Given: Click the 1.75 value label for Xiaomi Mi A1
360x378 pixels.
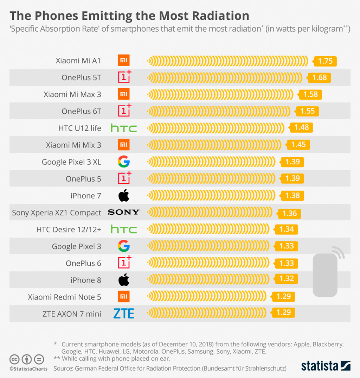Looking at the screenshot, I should click(x=325, y=61).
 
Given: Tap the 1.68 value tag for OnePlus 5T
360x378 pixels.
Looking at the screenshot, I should click(x=320, y=77).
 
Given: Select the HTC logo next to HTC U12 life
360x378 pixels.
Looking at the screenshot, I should click(x=124, y=128).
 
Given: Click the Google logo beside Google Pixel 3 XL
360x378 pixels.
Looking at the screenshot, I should click(x=124, y=162).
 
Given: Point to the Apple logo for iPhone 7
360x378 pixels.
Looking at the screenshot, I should click(x=124, y=195).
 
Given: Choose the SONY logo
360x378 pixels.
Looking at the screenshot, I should click(x=124, y=212).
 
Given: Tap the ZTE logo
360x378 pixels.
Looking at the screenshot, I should click(x=124, y=313).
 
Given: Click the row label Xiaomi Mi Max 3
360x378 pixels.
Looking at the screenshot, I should click(x=72, y=94).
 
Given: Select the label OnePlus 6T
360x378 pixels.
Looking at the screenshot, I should click(x=81, y=111).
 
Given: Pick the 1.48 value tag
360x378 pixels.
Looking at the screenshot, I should click(x=301, y=127).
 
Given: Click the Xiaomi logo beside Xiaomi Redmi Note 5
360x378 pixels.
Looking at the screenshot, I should click(x=124, y=296).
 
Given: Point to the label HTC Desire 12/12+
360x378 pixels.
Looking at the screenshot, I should click(x=69, y=229).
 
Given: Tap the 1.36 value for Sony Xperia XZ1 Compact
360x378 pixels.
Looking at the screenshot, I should click(x=289, y=213).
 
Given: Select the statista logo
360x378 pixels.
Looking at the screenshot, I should click(x=326, y=366).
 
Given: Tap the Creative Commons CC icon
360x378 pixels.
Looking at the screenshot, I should click(x=14, y=359).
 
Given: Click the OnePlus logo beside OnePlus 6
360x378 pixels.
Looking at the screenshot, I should click(x=124, y=263).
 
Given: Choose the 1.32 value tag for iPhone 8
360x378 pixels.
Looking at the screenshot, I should click(x=287, y=278).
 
